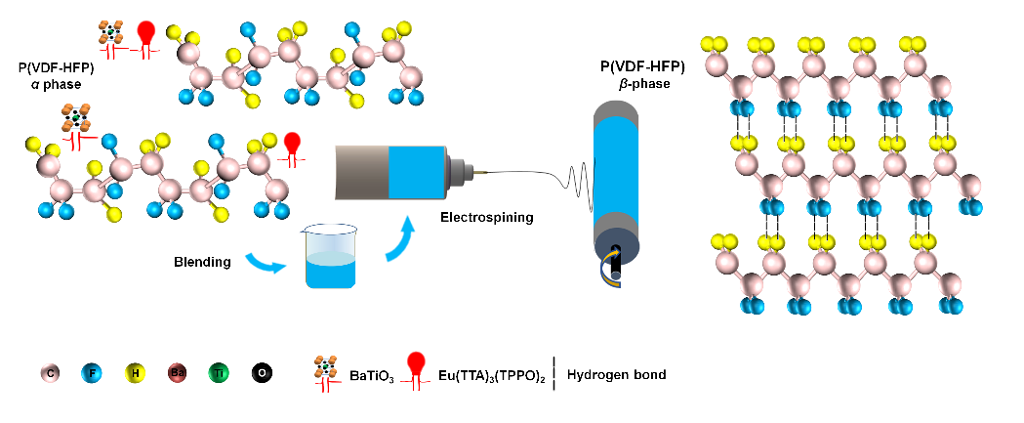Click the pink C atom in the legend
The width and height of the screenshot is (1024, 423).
[x=48, y=373]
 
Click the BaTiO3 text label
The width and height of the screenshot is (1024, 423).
[x=373, y=375]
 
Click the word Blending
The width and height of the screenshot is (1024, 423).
[x=203, y=262]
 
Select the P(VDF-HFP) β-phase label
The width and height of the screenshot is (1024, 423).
[x=642, y=75]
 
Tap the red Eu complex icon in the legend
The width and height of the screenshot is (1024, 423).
[x=424, y=369]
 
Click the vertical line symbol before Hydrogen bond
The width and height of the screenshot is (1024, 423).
[x=554, y=373]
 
